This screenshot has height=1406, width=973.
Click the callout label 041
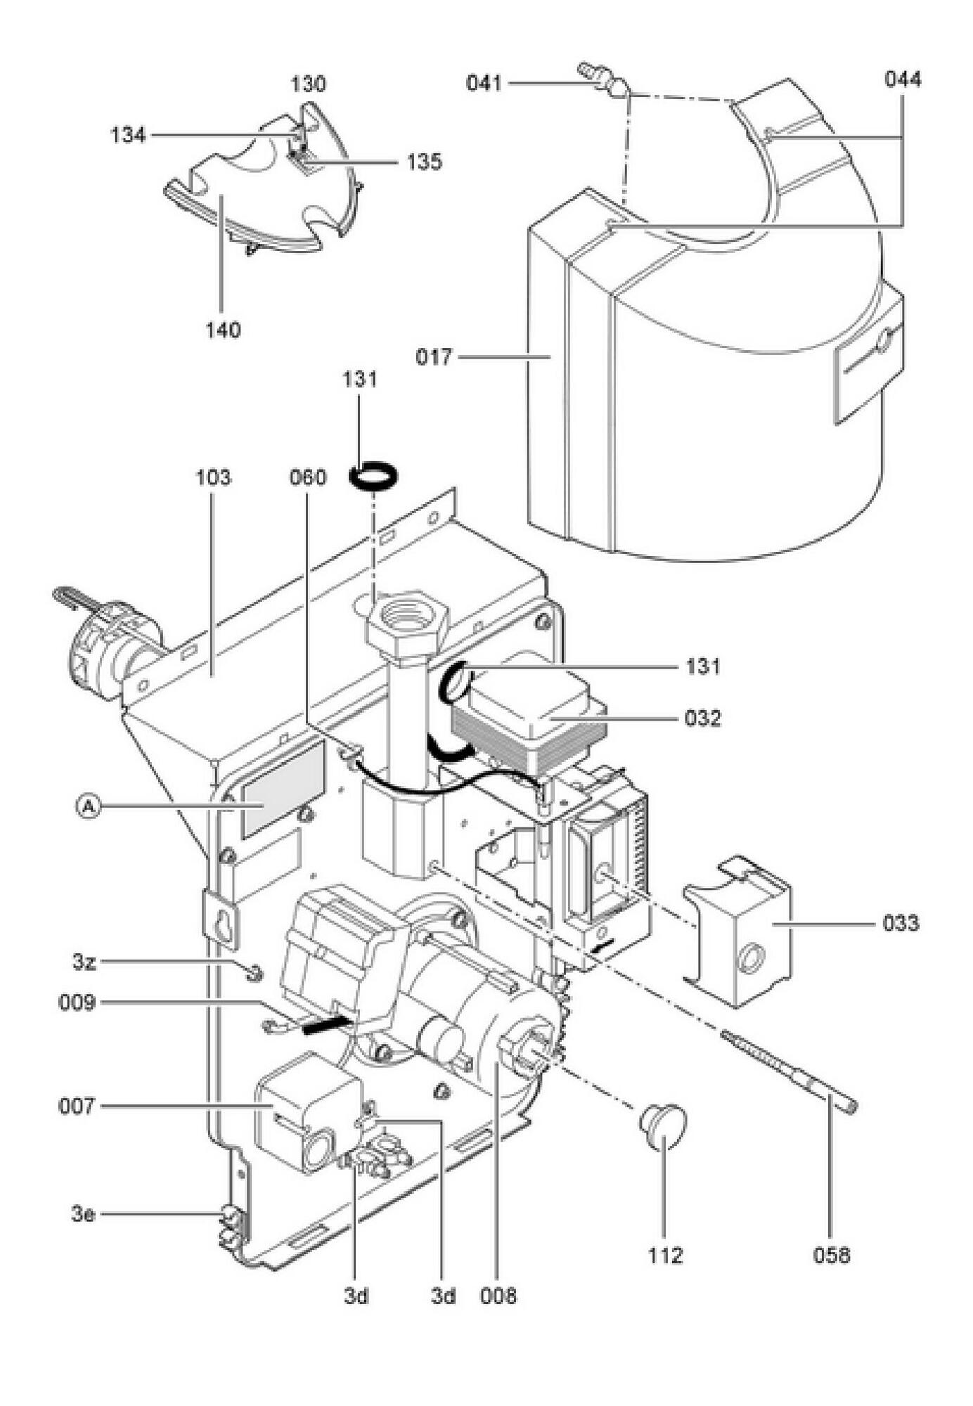tap(484, 84)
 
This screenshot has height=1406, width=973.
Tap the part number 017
tap(433, 357)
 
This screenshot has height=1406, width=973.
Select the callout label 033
tap(901, 922)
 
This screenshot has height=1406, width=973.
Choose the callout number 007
tap(76, 1107)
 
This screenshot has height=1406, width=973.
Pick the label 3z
tap(84, 962)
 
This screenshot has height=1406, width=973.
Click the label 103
tap(212, 478)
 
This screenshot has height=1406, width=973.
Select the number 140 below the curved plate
tap(223, 330)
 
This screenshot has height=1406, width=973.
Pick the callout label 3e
tap(83, 1214)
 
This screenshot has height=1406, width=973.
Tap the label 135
tap(424, 162)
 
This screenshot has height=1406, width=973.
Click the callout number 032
tap(703, 719)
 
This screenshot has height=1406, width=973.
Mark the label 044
tap(903, 79)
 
